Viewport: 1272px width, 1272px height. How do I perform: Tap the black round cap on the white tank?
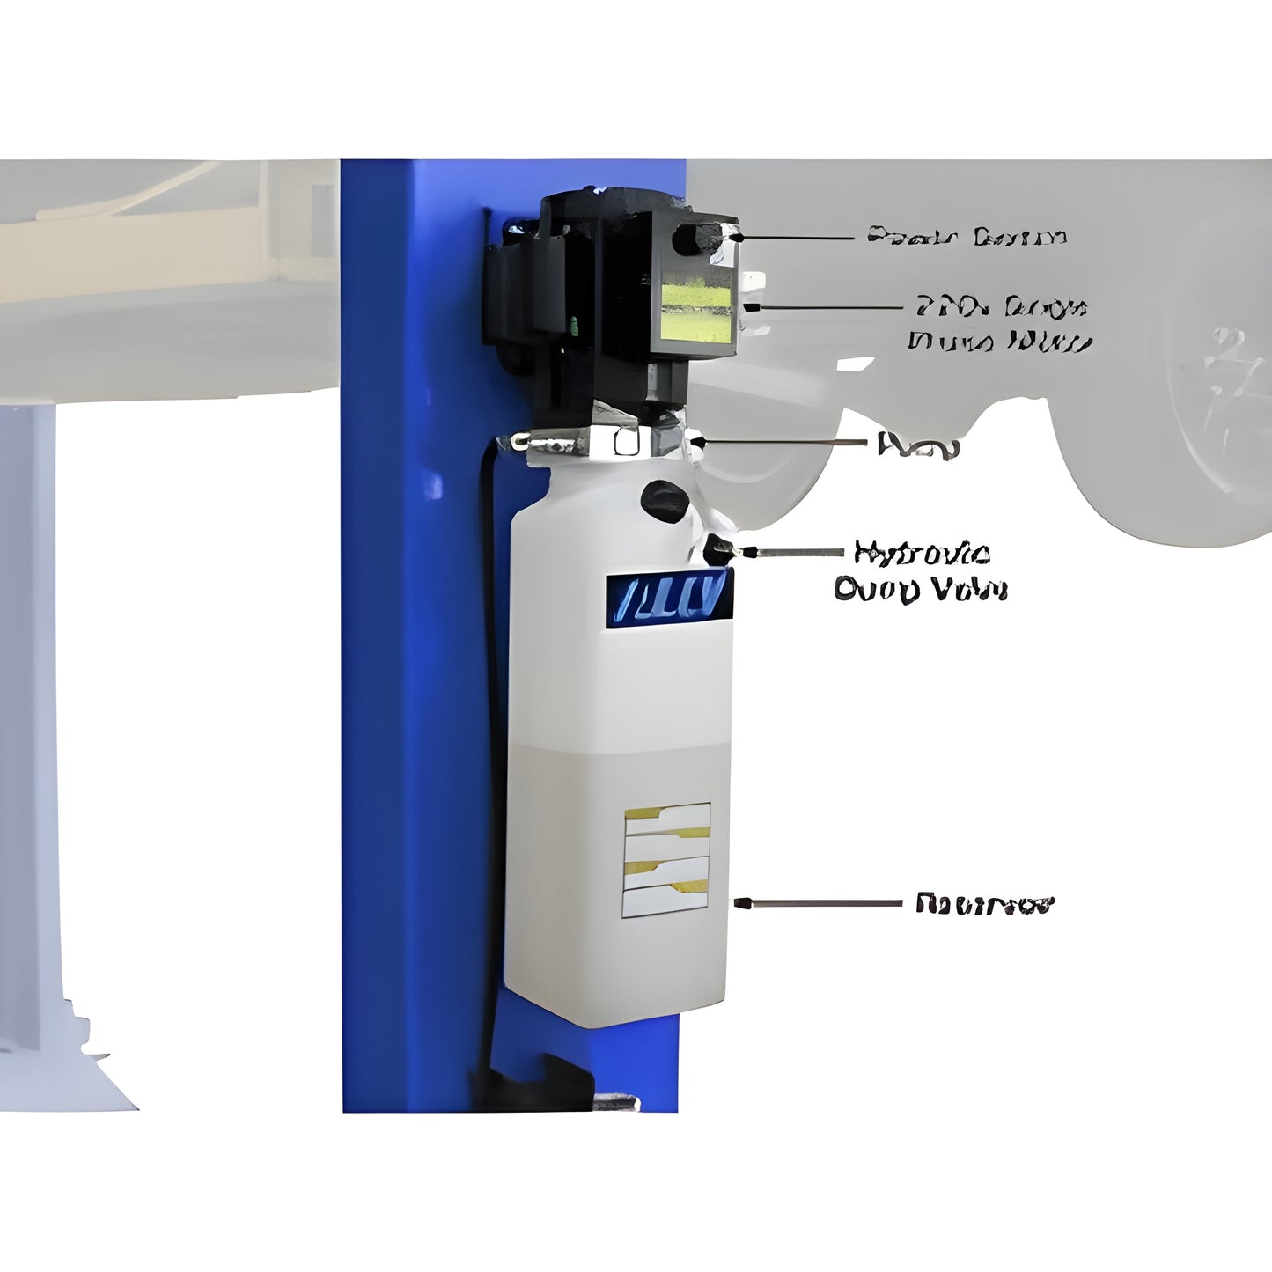[664, 502]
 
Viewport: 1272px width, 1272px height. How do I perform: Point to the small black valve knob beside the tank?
[719, 551]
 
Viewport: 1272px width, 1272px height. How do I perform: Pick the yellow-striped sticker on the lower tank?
[666, 859]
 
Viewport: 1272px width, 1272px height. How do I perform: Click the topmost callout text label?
[967, 237]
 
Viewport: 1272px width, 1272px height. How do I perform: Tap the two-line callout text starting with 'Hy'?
[920, 571]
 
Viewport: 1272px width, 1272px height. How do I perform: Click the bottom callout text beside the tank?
[984, 904]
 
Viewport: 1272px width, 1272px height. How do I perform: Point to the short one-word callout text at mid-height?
[917, 445]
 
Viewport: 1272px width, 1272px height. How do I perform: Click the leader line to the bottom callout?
[819, 904]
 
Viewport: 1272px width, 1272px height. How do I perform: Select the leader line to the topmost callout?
[797, 237]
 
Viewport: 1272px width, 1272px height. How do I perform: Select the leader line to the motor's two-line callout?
[823, 308]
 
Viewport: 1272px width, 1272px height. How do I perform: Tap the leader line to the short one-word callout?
[783, 442]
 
